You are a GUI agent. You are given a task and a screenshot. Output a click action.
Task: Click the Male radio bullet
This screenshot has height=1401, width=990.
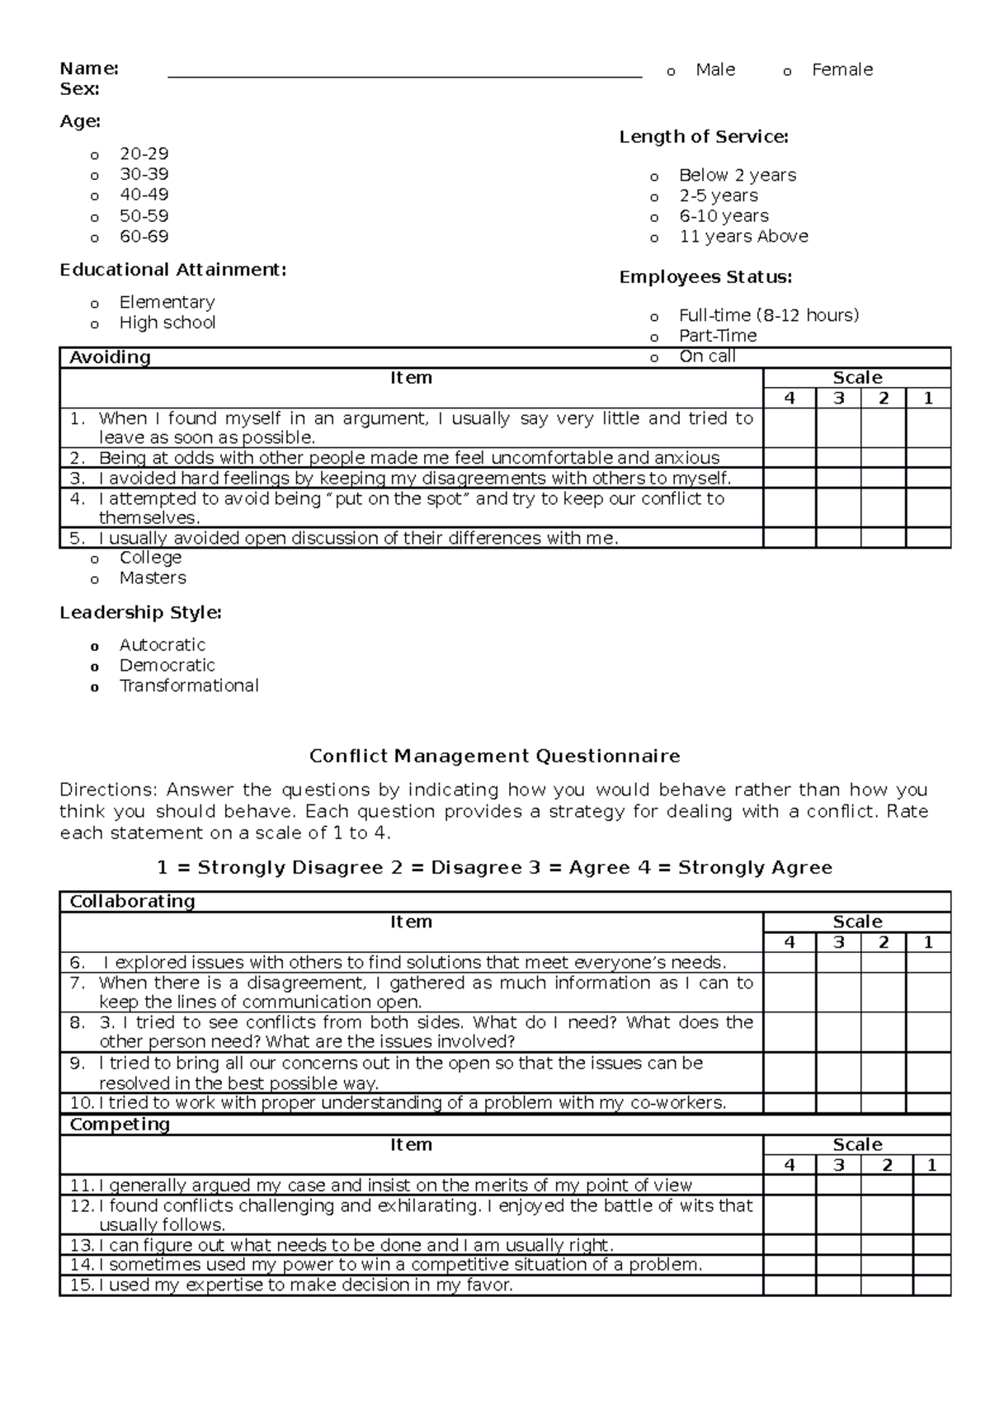(x=671, y=73)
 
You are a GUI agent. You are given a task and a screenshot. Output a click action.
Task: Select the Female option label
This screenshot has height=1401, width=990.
(x=841, y=70)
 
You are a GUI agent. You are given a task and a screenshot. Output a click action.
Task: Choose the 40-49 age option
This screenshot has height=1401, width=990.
(x=144, y=195)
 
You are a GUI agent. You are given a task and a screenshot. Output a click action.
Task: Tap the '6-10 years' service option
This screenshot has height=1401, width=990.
(x=723, y=216)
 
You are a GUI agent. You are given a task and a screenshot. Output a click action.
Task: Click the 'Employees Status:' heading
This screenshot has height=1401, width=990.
(x=705, y=277)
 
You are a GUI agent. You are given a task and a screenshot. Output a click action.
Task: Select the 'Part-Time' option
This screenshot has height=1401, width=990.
(x=717, y=336)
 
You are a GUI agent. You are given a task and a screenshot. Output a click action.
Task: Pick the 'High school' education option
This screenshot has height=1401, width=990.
(x=167, y=323)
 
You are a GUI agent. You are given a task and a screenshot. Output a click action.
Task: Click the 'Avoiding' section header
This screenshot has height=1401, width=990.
(x=110, y=357)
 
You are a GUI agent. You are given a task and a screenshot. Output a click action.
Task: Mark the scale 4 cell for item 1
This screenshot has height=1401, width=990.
(x=790, y=427)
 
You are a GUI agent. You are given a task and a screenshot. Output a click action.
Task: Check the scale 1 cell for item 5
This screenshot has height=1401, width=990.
(x=928, y=538)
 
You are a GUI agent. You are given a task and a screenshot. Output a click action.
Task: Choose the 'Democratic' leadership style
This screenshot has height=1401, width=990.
(x=167, y=665)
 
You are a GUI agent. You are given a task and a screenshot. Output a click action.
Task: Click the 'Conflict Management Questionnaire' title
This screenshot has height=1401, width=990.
(x=494, y=756)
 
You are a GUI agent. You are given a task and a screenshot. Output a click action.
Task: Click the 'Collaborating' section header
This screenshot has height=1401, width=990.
(x=132, y=901)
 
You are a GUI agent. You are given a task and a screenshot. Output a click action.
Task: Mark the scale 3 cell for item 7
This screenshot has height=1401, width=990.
(x=838, y=993)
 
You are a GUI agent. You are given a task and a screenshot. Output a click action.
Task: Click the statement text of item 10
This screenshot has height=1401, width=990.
(x=412, y=1103)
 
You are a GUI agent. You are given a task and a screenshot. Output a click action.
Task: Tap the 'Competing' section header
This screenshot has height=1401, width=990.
(x=120, y=1125)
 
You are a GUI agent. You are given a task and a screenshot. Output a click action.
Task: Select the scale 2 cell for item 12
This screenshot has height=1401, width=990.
(x=884, y=1215)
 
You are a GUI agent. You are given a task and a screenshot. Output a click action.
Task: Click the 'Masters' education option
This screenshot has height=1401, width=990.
(x=153, y=578)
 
